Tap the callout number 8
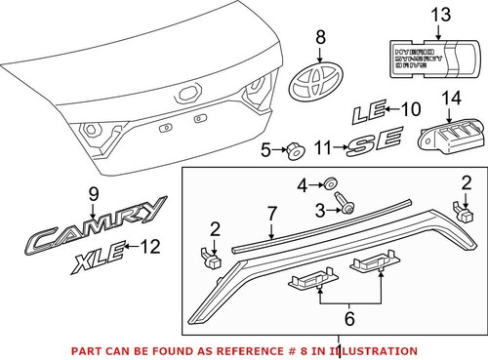click(x=318, y=37)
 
